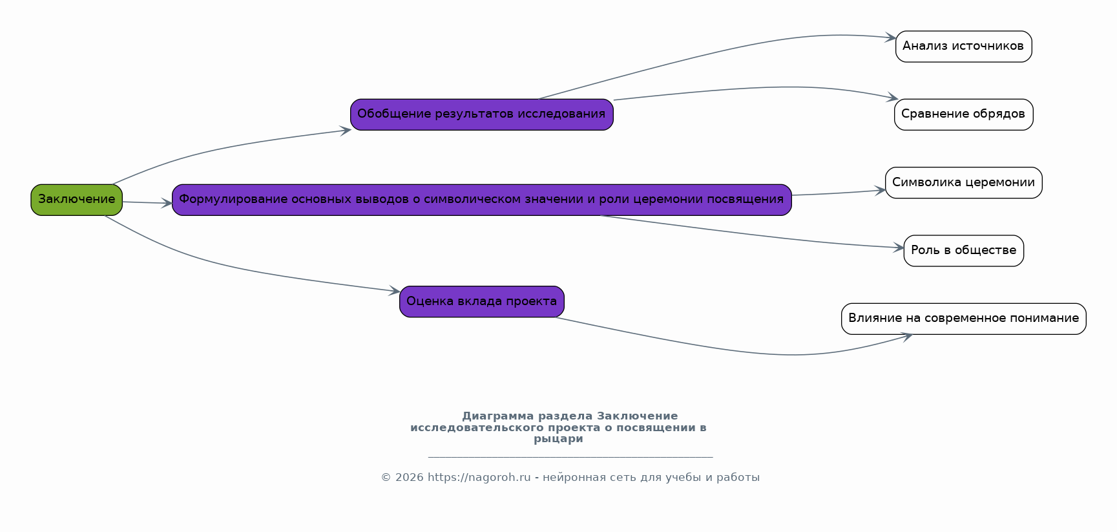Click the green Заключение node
coord(76,200)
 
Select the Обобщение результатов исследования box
coord(482,114)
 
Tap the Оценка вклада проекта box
coord(482,302)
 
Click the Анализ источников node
coord(964,47)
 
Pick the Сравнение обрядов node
coord(964,114)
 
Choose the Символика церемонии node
coord(964,183)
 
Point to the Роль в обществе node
coord(964,251)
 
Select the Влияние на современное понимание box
coord(964,319)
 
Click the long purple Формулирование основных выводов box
coord(482,200)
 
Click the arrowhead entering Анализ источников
coord(890,38)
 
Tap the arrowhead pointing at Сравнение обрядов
coord(892,98)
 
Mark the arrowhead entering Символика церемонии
coord(880,191)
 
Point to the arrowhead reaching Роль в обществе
coord(898,248)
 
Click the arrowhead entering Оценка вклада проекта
coord(394,292)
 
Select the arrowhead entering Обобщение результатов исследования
coord(345,131)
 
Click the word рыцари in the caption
coord(558,439)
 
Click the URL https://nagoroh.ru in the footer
coord(479,478)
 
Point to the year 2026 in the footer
coord(410,478)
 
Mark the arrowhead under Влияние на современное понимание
coord(906,337)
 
